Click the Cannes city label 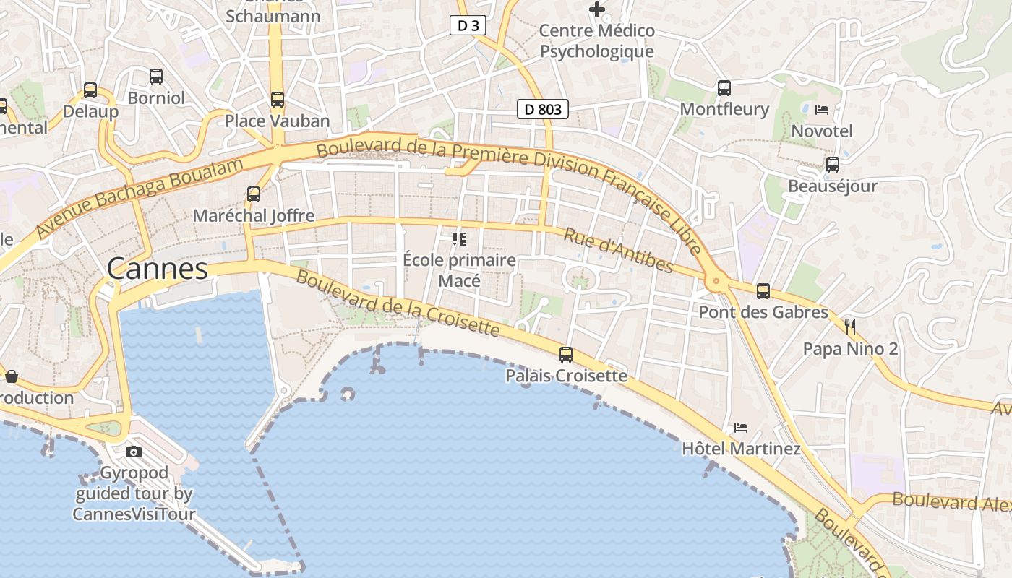(x=158, y=269)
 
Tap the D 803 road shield (x=543, y=110)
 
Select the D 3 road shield (x=468, y=26)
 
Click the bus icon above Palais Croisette (x=566, y=355)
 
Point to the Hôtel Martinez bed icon (x=741, y=427)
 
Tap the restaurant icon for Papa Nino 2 (x=850, y=327)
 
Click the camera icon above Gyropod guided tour (x=134, y=452)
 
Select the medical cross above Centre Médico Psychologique (x=597, y=9)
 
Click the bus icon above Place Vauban (x=278, y=100)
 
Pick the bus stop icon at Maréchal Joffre (x=254, y=194)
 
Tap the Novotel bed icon (x=822, y=110)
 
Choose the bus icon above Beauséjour (x=833, y=165)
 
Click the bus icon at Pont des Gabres (x=763, y=291)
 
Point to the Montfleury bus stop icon (x=724, y=88)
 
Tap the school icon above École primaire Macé (x=459, y=238)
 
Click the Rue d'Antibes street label (x=618, y=251)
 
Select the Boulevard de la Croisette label (x=398, y=303)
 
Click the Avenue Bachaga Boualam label (x=139, y=198)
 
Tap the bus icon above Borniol (x=156, y=76)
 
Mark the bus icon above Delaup (x=90, y=90)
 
